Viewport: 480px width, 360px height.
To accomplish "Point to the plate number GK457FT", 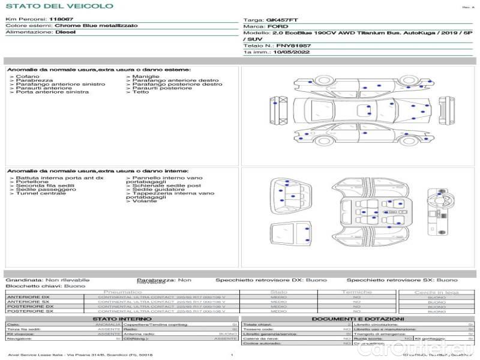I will pyautogui.click(x=281, y=20).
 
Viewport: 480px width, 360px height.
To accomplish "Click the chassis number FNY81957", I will pyautogui.click(x=293, y=46).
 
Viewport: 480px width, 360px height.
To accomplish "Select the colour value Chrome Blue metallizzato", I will pyautogui.click(x=95, y=26).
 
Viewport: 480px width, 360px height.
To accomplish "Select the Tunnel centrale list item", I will pyautogui.click(x=40, y=193).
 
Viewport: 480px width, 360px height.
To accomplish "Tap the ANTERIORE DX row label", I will pyautogui.click(x=29, y=297).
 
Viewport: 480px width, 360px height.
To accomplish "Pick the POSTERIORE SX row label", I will pyautogui.click(x=29, y=311).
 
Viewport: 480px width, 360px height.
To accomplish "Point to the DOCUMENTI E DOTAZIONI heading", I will pyautogui.click(x=358, y=319).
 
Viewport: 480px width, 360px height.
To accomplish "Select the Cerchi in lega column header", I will pyautogui.click(x=436, y=292).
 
